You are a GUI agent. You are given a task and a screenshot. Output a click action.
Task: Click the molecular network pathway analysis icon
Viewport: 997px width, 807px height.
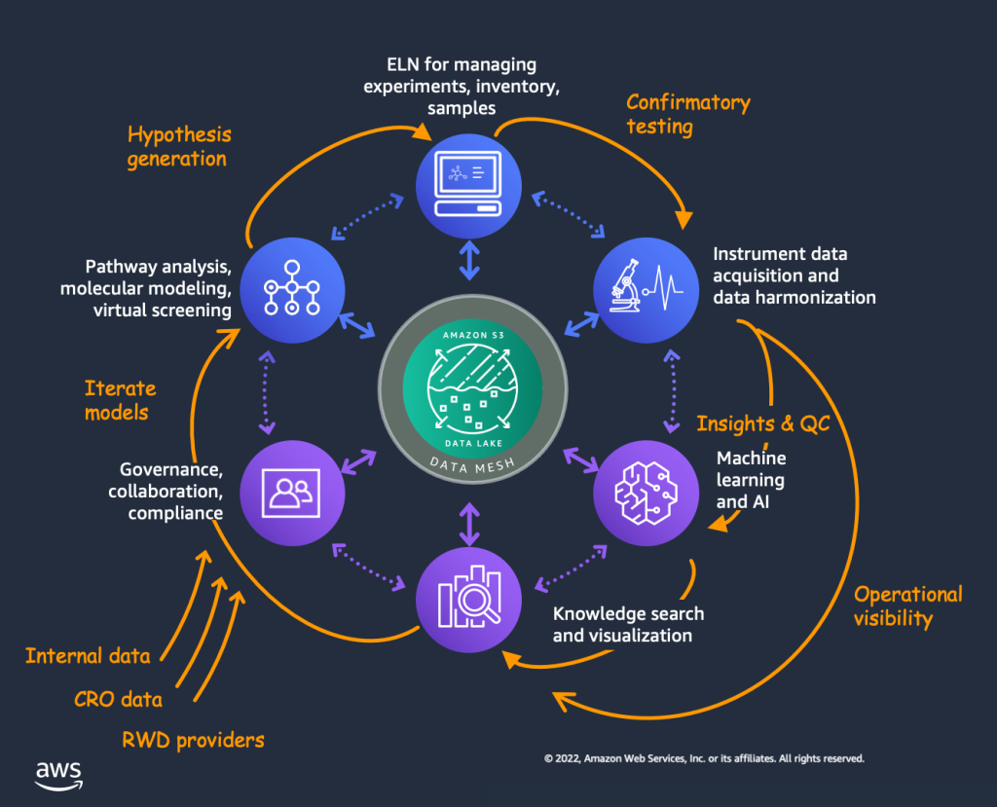tap(292, 287)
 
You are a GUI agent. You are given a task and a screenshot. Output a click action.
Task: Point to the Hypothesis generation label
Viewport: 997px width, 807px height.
tap(179, 146)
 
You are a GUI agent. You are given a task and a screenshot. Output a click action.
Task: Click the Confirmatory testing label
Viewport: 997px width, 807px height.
tap(687, 114)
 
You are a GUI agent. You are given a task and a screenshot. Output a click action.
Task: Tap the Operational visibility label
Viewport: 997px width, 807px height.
tap(907, 605)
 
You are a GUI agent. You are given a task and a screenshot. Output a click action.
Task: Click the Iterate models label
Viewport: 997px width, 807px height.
tap(120, 400)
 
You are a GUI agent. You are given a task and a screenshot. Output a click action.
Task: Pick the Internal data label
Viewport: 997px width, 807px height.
tap(88, 656)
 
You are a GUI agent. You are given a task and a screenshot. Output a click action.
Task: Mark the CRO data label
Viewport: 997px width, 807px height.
tap(118, 699)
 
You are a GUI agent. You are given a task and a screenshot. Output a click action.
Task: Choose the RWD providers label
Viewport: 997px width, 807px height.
tap(193, 741)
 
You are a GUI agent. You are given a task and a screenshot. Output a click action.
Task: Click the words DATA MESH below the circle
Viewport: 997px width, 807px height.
tap(470, 464)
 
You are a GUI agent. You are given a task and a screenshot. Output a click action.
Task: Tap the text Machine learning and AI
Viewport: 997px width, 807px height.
tap(751, 480)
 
